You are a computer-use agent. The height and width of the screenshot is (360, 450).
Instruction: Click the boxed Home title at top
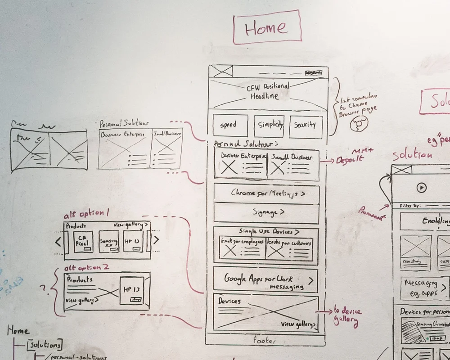(266, 28)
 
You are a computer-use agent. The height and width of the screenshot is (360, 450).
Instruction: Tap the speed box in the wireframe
(230, 126)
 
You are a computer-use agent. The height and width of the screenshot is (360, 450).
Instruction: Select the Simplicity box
(270, 126)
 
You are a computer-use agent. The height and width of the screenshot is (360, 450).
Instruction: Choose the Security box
(306, 126)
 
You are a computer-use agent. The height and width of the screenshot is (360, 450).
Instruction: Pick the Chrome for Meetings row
(267, 193)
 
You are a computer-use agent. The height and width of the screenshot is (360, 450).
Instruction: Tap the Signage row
(267, 212)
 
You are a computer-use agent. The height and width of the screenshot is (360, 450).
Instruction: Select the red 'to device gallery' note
(347, 316)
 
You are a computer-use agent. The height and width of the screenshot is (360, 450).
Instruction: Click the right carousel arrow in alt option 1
(156, 240)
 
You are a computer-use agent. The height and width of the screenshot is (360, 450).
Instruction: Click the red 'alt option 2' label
(86, 267)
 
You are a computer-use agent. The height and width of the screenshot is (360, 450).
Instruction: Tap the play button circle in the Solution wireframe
(421, 187)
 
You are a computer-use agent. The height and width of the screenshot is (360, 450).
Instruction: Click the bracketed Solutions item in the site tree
(44, 345)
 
